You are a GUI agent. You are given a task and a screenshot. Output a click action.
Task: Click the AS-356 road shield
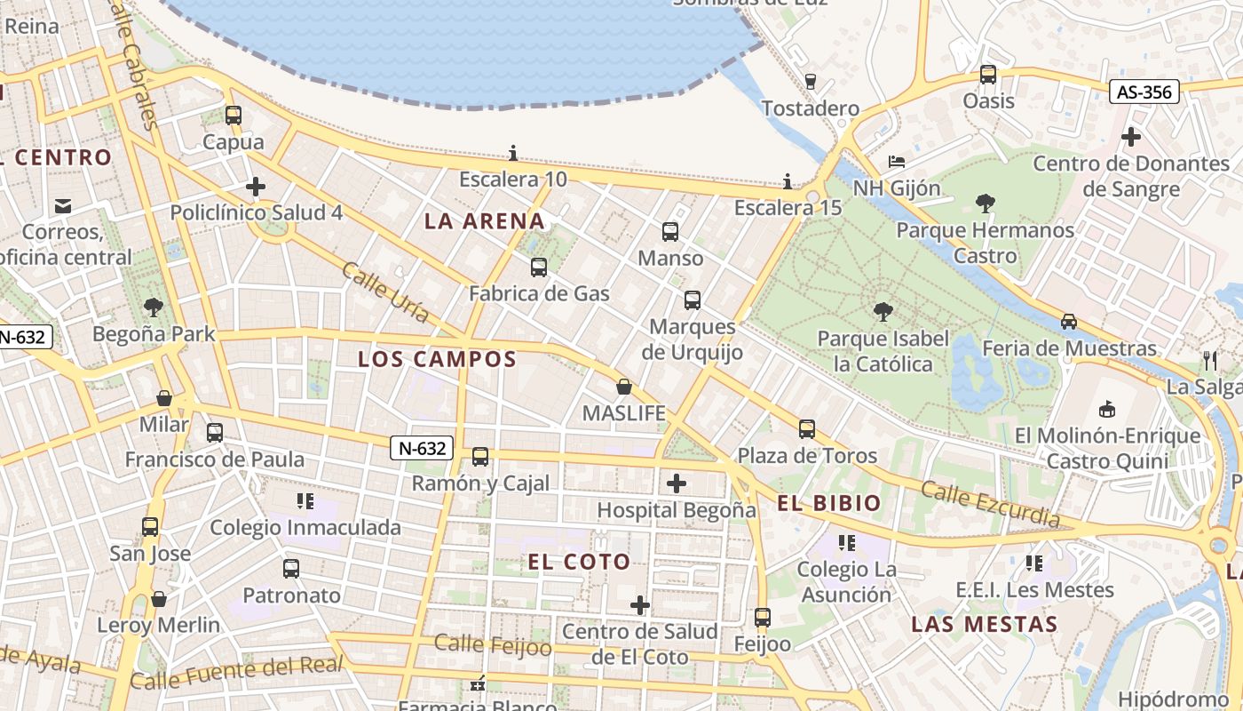coord(1144,92)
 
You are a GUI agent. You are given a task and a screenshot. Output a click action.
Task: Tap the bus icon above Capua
coord(234,116)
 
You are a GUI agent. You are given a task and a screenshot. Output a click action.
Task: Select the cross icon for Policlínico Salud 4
coord(256,187)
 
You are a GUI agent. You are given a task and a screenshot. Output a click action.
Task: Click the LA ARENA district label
coord(484,220)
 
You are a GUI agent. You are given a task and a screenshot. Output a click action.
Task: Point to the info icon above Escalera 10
coord(512,153)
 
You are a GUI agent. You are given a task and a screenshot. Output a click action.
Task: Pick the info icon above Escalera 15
coord(787,182)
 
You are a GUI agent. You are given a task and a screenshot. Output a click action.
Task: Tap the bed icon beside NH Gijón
coord(897,162)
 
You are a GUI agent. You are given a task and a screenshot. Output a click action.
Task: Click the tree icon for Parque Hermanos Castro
coord(985,204)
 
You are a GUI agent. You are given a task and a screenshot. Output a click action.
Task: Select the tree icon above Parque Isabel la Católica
coord(883,311)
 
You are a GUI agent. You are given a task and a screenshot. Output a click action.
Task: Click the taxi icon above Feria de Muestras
coord(1069,322)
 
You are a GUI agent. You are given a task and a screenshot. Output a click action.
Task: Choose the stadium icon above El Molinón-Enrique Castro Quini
coord(1106,410)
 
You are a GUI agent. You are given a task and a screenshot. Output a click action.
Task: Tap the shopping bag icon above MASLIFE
coord(624,387)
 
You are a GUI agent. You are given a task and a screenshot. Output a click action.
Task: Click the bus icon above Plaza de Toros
coord(806,429)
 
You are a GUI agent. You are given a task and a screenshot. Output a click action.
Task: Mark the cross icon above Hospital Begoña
coord(677,483)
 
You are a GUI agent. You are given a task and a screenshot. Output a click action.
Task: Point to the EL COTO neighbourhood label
coord(579,562)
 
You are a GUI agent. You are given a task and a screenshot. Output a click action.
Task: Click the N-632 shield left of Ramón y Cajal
coord(422,448)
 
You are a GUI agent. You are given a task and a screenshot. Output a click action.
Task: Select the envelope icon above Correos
coord(62,206)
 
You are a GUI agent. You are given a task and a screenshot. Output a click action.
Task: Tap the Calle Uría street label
coord(385,292)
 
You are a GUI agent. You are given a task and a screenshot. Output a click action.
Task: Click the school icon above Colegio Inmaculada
coord(305,501)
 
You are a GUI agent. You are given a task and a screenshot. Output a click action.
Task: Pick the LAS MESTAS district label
coord(985,624)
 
